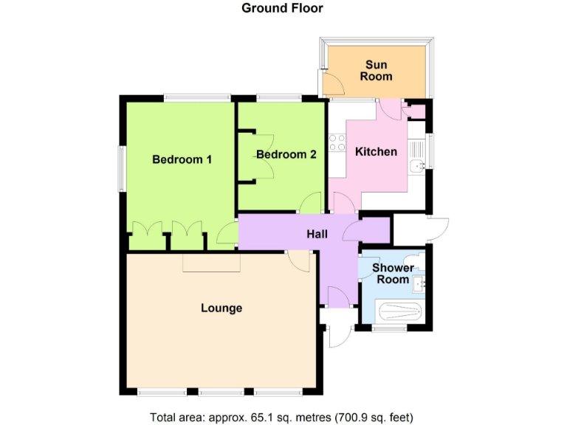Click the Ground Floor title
click(x=283, y=9)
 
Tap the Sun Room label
click(x=376, y=71)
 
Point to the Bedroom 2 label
click(x=286, y=155)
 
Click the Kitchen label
click(x=377, y=152)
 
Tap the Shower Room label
click(x=392, y=274)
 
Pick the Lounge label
click(x=221, y=308)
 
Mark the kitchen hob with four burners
click(x=337, y=142)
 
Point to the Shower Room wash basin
click(x=421, y=283)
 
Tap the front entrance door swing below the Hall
click(x=340, y=334)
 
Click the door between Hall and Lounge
click(x=299, y=260)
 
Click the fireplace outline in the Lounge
click(x=212, y=262)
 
